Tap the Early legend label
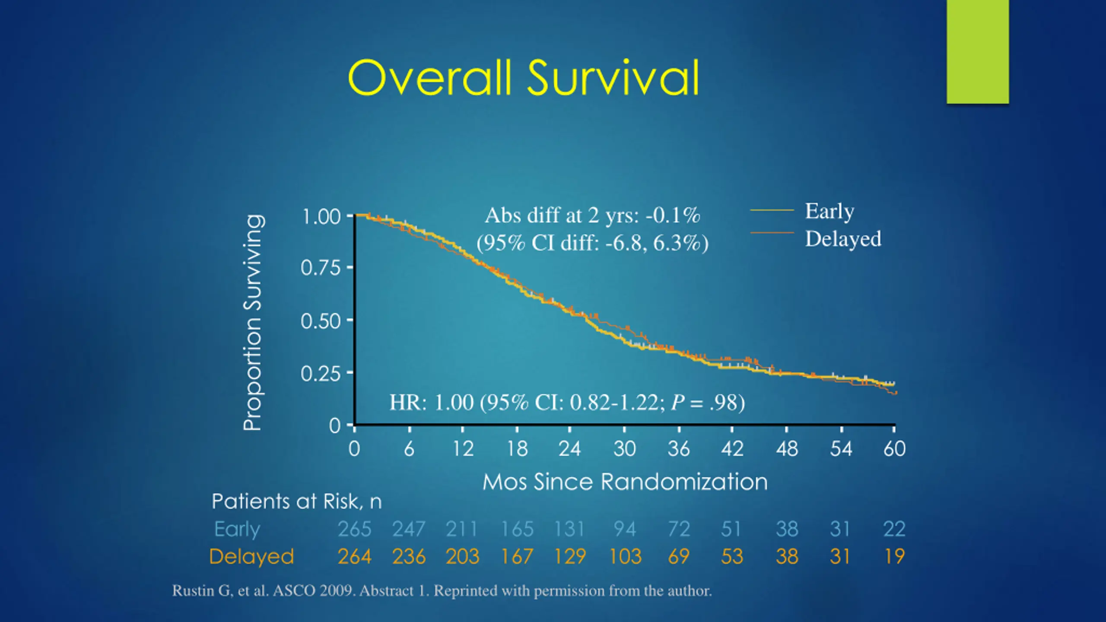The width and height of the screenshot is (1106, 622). click(x=829, y=212)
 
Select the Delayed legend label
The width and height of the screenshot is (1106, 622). click(x=843, y=239)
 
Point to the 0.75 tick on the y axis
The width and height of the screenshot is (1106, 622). click(x=321, y=268)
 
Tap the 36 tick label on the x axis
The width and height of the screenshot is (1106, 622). click(x=679, y=449)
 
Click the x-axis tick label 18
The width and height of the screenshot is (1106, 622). click(x=517, y=449)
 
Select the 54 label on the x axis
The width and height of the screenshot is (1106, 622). click(x=841, y=449)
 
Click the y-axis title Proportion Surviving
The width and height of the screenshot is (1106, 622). click(x=253, y=323)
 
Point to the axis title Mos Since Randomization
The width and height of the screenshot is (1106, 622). click(x=625, y=482)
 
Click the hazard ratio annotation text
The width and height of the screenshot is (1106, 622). click(x=567, y=403)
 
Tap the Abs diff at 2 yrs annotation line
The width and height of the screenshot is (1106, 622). click(x=592, y=216)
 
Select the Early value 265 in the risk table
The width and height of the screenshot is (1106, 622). click(x=354, y=529)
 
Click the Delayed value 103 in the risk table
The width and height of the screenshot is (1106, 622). click(x=625, y=556)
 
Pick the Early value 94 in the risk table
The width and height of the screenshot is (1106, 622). click(x=625, y=529)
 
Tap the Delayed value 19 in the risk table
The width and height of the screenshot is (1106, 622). click(x=894, y=556)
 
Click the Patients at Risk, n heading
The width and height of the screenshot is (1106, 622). click(x=296, y=501)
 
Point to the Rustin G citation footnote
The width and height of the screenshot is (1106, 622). click(x=442, y=590)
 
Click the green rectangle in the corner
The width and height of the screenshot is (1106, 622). click(x=978, y=52)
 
